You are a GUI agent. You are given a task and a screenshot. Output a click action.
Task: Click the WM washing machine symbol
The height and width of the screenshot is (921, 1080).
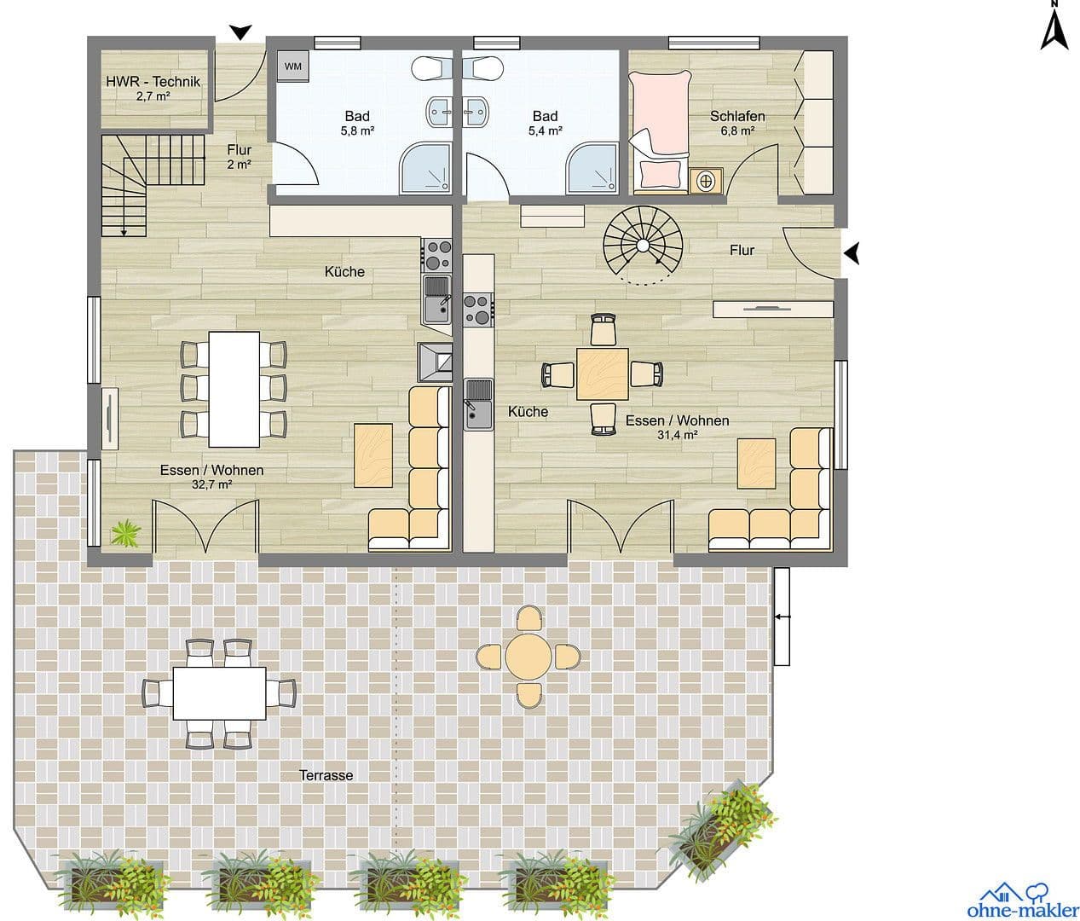(292, 67)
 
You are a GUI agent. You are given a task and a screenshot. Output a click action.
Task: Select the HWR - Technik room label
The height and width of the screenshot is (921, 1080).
(153, 82)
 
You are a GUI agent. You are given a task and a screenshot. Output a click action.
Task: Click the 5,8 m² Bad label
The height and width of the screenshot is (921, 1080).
(357, 117)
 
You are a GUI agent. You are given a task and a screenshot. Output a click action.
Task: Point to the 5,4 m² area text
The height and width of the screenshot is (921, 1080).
(545, 131)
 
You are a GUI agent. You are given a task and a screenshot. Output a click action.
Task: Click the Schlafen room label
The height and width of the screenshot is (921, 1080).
(737, 116)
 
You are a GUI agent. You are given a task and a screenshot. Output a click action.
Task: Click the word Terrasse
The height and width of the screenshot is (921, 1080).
(326, 775)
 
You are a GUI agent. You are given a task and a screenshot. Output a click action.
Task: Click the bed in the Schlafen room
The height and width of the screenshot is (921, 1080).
(658, 128)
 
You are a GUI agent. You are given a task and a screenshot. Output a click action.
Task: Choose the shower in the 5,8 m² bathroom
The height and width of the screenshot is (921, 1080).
(425, 167)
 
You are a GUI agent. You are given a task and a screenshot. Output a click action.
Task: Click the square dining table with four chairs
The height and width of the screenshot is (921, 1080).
(603, 374)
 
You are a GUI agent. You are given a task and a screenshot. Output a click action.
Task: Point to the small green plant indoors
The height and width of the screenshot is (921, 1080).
(126, 534)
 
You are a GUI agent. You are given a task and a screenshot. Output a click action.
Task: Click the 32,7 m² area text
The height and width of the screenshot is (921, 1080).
(212, 484)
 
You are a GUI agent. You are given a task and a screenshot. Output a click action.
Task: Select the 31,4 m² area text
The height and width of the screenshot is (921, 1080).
(678, 435)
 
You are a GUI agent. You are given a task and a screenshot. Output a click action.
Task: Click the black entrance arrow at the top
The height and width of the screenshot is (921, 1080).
(241, 32)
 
